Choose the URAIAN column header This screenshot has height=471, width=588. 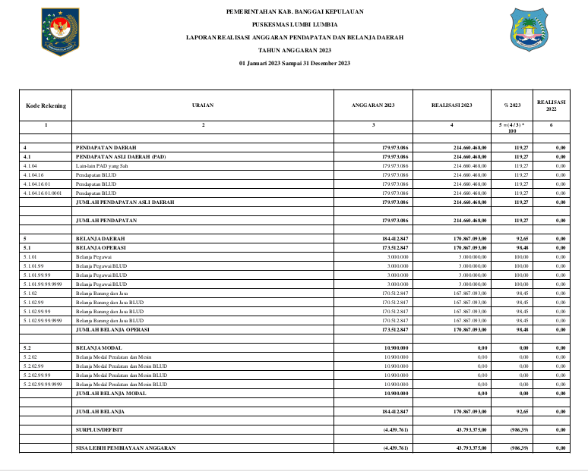point(203,105)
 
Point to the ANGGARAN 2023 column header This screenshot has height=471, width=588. point(374,105)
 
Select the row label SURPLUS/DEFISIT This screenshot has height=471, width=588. point(99,430)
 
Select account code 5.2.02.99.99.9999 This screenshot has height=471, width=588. point(43,385)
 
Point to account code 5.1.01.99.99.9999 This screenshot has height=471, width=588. point(43,284)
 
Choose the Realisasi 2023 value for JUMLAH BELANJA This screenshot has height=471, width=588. point(465,412)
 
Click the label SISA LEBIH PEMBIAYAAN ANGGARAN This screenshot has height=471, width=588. point(125,448)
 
